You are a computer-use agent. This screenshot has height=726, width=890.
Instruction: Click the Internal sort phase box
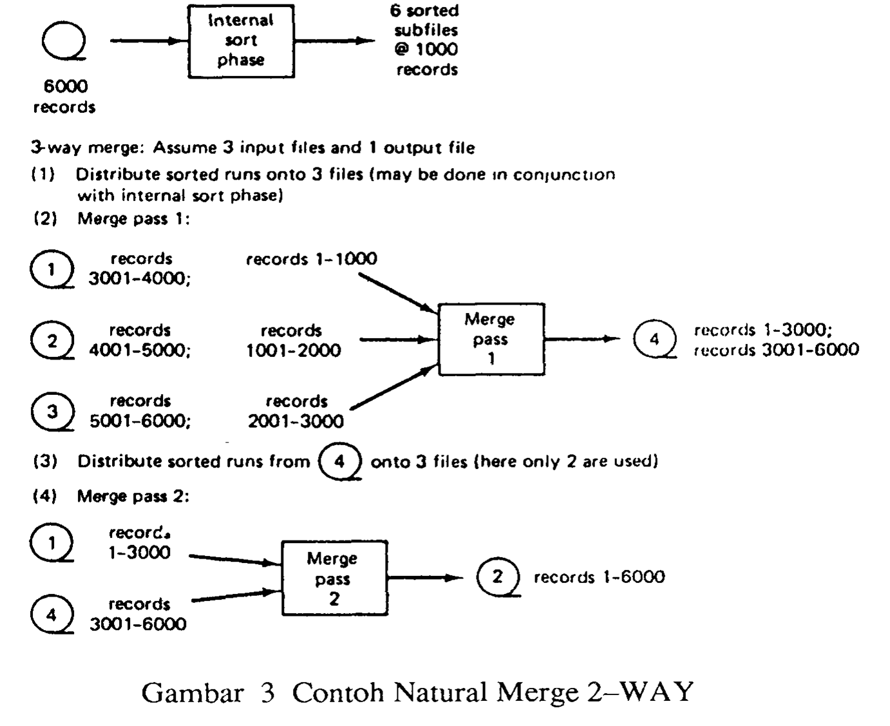[x=240, y=41]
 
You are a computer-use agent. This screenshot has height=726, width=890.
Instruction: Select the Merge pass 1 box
[x=491, y=339]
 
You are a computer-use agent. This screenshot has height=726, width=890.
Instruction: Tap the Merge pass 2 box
[x=334, y=578]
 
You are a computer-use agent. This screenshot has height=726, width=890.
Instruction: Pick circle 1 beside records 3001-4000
[x=52, y=269]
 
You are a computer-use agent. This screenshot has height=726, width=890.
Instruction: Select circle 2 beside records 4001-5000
[x=52, y=340]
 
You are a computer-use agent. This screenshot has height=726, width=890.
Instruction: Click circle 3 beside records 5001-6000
[x=52, y=411]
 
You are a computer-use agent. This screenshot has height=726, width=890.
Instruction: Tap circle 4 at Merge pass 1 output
[x=654, y=338]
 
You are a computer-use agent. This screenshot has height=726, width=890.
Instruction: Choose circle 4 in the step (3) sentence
[x=340, y=461]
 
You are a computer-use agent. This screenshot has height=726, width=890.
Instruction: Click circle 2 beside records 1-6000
[x=497, y=576]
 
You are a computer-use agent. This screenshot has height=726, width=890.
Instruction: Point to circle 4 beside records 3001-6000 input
[x=52, y=614]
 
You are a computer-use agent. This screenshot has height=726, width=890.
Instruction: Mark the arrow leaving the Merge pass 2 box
[x=425, y=577]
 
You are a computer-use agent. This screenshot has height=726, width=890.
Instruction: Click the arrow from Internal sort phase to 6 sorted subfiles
[x=334, y=41]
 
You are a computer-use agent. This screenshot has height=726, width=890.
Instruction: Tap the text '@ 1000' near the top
[x=426, y=50]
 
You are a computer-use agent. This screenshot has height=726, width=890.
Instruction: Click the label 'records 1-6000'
[x=599, y=577]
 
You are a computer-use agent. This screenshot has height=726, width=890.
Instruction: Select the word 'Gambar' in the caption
[x=193, y=693]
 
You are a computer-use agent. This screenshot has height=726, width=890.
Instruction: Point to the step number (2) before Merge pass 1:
[x=44, y=219]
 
